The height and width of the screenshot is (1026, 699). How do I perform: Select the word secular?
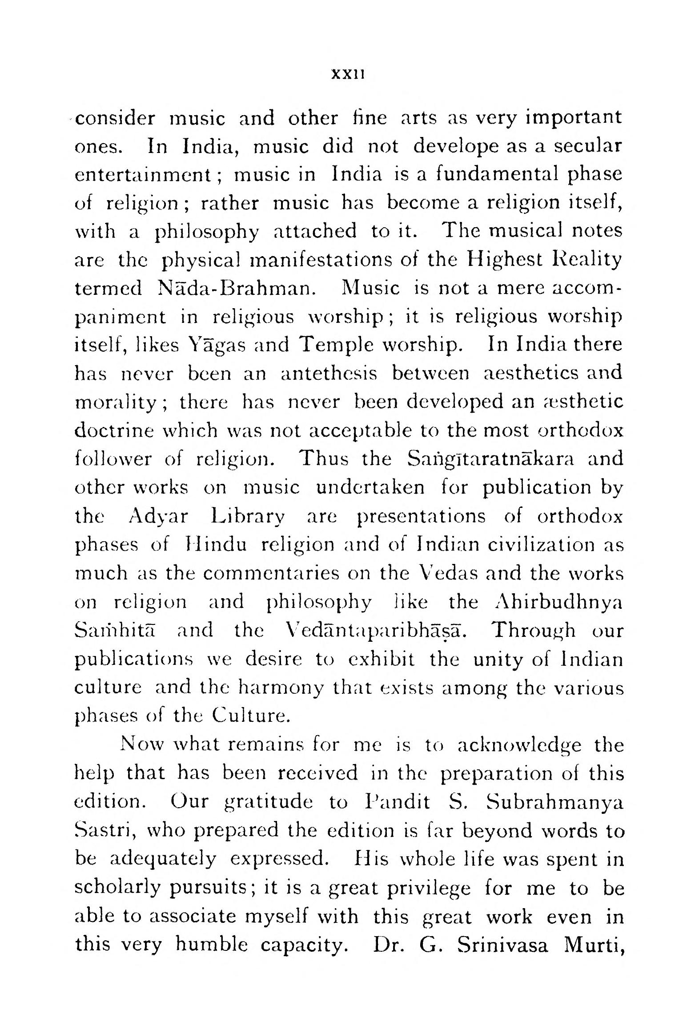coord(586,146)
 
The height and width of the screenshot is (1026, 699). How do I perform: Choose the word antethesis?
coord(329,374)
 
